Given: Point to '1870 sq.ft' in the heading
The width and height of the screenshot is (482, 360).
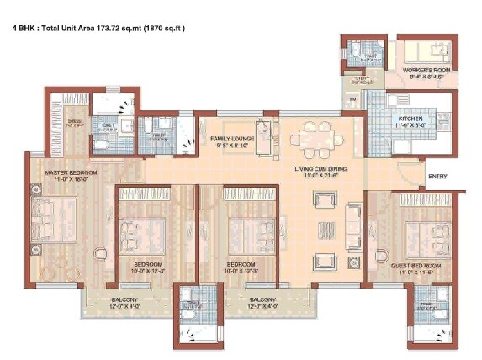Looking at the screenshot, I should click(x=164, y=28).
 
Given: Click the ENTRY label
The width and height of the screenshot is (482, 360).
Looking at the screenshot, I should click(x=437, y=177).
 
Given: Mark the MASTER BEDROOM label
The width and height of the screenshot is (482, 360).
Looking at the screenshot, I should click(x=71, y=173).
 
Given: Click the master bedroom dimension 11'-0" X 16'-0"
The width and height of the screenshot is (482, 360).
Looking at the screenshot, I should click(x=71, y=181).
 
